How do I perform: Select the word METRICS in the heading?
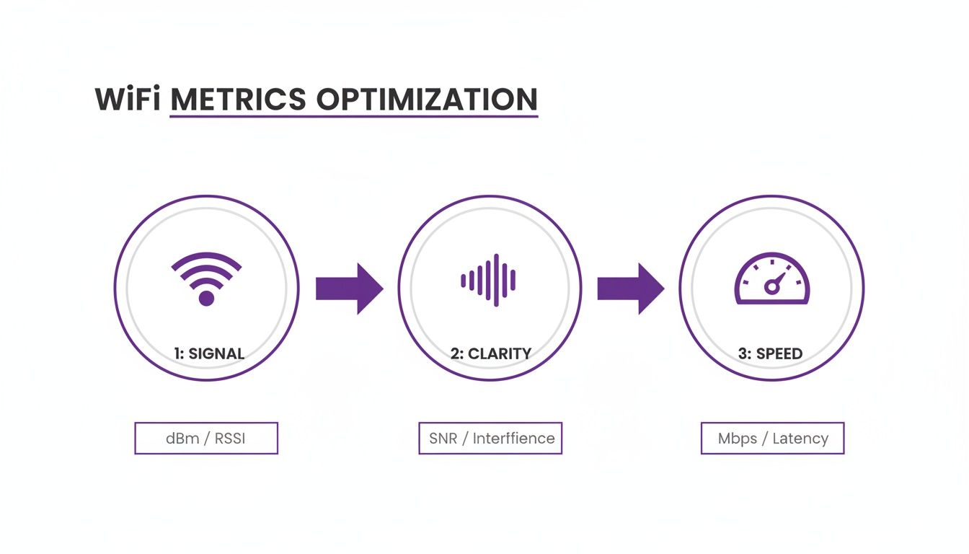[x=238, y=100]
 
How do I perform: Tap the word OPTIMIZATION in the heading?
[x=425, y=100]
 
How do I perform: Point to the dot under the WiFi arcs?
[x=206, y=298]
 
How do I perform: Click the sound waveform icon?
[x=489, y=280]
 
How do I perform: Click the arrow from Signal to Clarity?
[x=349, y=288]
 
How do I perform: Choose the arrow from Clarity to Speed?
[x=630, y=288]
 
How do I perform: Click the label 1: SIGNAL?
[x=209, y=353]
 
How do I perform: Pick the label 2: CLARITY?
[x=490, y=353]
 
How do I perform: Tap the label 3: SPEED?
[x=771, y=353]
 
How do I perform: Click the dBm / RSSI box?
[x=206, y=438]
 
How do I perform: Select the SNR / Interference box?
[x=490, y=438]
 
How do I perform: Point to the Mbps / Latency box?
[x=772, y=438]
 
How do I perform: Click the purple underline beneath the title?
[x=353, y=115]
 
